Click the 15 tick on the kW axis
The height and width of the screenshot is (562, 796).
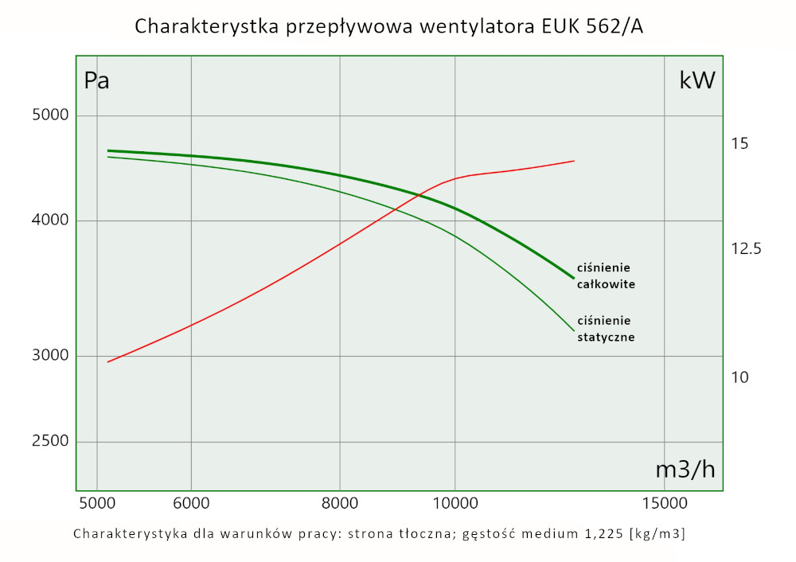pyautogui.click(x=739, y=144)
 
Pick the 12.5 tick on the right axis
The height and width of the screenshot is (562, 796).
pyautogui.click(x=747, y=249)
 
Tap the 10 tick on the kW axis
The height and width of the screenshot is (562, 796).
pyautogui.click(x=739, y=377)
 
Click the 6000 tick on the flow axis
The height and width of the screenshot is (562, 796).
pyautogui.click(x=191, y=503)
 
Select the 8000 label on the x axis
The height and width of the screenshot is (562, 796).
pyautogui.click(x=340, y=503)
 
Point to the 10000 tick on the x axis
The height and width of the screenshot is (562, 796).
pyautogui.click(x=455, y=503)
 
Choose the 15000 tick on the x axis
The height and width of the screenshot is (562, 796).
pyautogui.click(x=665, y=503)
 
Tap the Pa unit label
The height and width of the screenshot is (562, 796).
pyautogui.click(x=96, y=81)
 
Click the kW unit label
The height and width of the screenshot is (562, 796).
pyautogui.click(x=697, y=80)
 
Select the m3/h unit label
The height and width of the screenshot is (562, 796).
pyautogui.click(x=685, y=470)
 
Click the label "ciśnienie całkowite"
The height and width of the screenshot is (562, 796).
pyautogui.click(x=606, y=275)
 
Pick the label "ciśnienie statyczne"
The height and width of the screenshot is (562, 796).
pyautogui.click(x=606, y=329)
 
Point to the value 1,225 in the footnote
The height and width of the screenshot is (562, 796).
pyautogui.click(x=602, y=533)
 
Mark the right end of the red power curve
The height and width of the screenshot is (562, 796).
pyautogui.click(x=574, y=161)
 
